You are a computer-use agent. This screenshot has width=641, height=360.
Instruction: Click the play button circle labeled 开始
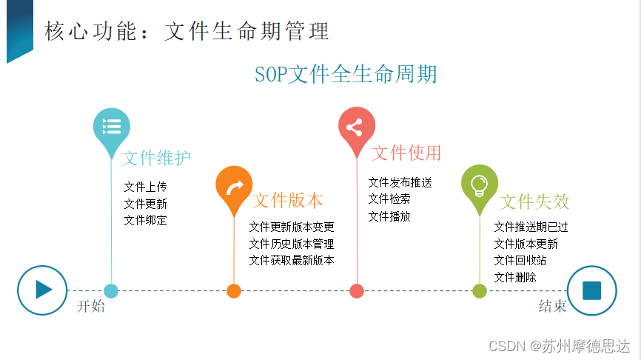[x=42, y=290]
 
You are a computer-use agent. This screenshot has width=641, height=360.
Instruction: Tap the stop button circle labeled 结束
[x=591, y=290]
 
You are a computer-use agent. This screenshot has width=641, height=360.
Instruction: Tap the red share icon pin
[x=356, y=127]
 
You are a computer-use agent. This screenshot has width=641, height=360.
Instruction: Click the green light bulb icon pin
[x=479, y=184]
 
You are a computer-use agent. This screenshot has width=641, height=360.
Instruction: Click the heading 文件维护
[x=156, y=159]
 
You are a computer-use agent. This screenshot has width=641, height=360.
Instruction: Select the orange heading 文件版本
[x=288, y=201]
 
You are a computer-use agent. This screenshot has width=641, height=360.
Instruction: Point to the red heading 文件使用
[x=406, y=153]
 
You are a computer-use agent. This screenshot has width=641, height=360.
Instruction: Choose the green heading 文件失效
[x=534, y=201]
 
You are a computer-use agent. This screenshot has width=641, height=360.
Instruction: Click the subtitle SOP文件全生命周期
[x=346, y=75]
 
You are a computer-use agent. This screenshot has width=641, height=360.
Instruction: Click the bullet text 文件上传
[x=145, y=187]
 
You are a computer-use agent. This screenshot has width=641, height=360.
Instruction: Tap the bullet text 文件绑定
[x=145, y=220]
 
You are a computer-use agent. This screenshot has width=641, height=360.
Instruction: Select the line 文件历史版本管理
[x=292, y=244]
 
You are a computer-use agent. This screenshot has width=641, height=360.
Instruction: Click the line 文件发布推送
[x=400, y=182]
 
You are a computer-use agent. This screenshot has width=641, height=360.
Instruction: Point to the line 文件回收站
[x=520, y=260]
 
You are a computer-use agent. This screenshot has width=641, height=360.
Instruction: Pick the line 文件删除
[x=515, y=277]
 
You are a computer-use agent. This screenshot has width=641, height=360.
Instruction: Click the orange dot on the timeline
[x=234, y=290]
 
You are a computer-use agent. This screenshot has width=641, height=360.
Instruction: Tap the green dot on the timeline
[x=479, y=290]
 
